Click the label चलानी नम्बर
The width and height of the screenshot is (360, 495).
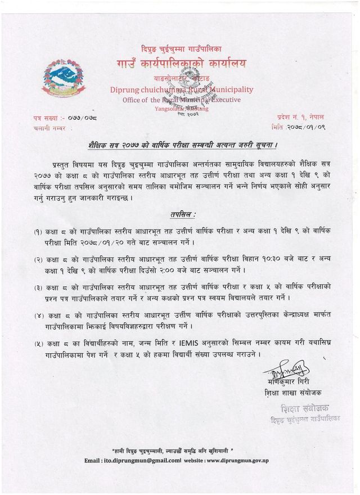click(x=44, y=129)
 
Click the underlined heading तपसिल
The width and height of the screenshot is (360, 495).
click(x=183, y=215)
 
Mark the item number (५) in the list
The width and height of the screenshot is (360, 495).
click(x=39, y=343)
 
